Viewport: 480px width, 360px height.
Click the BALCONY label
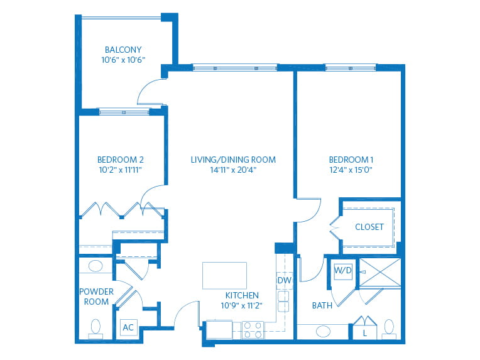123,50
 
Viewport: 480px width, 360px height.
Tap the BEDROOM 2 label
121,160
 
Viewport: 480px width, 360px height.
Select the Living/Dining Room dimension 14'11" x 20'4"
233,170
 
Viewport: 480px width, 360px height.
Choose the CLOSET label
369,227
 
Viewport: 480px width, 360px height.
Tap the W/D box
342,271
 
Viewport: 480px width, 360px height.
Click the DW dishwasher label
283,280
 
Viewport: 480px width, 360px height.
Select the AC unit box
128,327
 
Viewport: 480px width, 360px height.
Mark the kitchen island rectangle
224,275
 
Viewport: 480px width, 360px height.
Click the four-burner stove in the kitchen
253,330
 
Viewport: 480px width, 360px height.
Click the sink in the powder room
95,266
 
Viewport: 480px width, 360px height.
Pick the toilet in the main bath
389,327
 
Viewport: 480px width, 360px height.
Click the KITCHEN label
242,295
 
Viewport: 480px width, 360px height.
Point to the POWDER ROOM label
96,297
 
